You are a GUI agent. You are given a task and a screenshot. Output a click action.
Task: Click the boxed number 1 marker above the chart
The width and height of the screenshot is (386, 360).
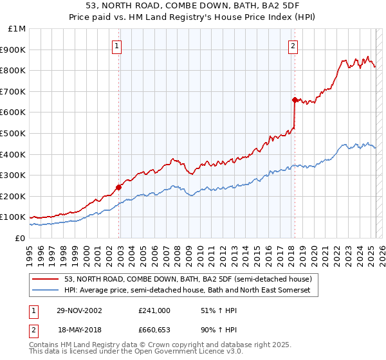117,46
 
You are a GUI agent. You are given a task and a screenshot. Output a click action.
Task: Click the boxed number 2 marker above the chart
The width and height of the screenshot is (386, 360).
293,46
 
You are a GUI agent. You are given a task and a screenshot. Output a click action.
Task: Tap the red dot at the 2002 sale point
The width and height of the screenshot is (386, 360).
119,187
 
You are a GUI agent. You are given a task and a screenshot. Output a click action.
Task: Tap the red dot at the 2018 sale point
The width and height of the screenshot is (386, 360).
295,100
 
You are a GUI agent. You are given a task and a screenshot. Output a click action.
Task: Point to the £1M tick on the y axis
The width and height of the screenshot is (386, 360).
17,29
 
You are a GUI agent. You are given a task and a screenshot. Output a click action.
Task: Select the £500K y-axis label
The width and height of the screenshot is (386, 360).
14,133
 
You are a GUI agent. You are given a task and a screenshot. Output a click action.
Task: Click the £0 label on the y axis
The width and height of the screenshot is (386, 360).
21,238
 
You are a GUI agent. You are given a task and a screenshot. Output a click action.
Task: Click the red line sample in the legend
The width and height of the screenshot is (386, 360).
46,279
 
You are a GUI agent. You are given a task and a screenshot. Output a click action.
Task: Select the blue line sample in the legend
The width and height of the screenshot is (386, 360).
46,291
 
